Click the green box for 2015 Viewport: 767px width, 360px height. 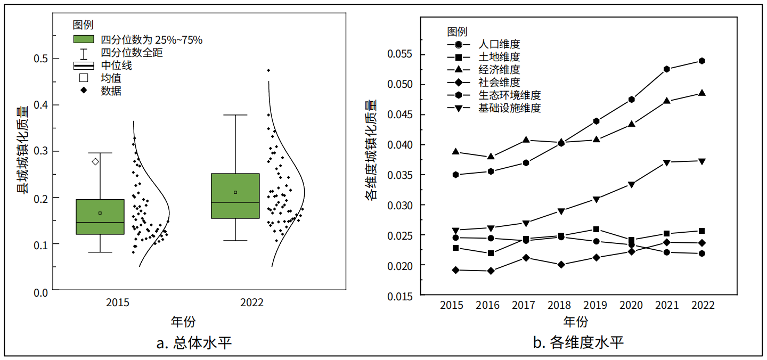click(100, 217)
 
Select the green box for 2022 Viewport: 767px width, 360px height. click(235, 196)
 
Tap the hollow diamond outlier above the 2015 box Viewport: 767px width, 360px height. click(95, 161)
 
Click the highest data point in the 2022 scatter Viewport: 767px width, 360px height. click(268, 70)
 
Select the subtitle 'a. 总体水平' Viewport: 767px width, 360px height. click(194, 342)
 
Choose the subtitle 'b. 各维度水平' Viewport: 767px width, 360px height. click(578, 342)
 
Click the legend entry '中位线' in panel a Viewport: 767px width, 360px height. click(116, 66)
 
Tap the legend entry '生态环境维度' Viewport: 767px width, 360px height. click(509, 95)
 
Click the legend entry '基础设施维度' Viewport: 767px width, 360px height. click(509, 108)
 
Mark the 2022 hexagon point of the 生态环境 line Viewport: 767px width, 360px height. click(702, 61)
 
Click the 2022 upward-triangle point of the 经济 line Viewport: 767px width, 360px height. click(702, 93)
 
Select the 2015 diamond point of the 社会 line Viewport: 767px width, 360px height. click(456, 270)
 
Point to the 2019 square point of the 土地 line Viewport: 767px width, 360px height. click(597, 230)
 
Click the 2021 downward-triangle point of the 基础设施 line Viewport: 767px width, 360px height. click(667, 162)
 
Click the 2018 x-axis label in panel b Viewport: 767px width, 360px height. click(559, 306)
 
